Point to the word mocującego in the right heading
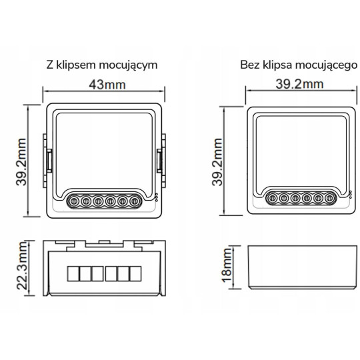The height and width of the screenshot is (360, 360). pyautogui.click(x=327, y=65)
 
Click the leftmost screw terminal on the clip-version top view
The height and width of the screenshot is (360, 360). pyautogui.click(x=74, y=199)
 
